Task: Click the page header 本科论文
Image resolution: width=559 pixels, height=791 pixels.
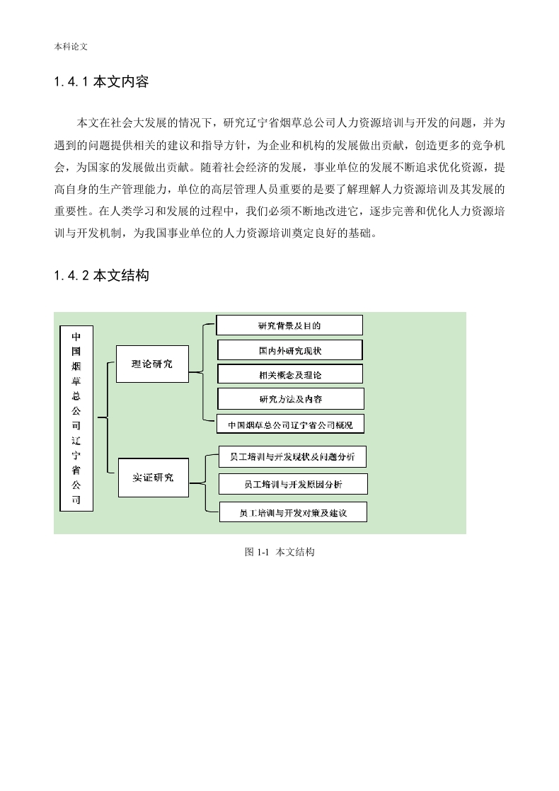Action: click(71, 47)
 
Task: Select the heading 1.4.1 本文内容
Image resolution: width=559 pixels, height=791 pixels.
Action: click(101, 82)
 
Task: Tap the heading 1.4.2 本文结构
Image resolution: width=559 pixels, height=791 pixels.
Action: click(101, 275)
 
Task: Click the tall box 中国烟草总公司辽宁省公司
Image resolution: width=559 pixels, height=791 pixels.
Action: click(76, 418)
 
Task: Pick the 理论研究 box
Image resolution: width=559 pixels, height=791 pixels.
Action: click(152, 364)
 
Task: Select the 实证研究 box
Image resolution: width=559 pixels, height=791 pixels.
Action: click(154, 478)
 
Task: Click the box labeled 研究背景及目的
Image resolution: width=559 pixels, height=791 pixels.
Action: click(289, 325)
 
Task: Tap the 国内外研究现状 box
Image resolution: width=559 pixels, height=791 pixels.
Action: click(290, 350)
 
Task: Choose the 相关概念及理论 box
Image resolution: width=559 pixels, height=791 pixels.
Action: click(290, 374)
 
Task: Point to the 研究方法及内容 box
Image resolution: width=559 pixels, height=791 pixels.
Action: click(291, 398)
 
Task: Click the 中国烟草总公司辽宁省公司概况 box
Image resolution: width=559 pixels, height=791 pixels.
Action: click(290, 425)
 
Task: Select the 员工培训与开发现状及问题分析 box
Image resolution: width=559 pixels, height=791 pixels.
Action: click(293, 456)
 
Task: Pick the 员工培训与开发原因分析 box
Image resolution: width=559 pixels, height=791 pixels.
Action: click(293, 484)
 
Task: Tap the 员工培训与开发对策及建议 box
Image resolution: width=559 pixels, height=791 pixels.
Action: click(293, 512)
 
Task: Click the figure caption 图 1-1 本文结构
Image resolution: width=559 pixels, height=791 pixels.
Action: click(279, 552)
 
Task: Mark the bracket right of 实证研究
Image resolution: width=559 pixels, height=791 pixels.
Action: click(205, 483)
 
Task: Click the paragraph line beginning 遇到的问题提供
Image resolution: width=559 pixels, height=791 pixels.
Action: click(279, 145)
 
